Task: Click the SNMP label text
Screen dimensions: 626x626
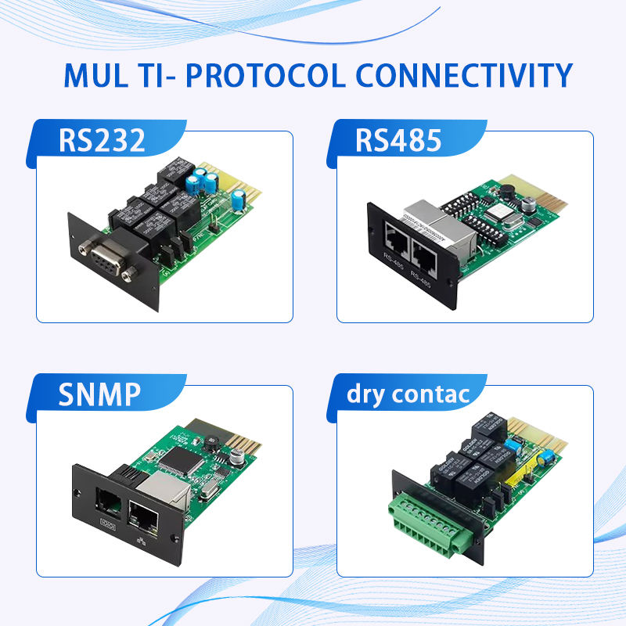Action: tap(99, 394)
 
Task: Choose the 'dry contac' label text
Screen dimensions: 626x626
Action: tap(408, 394)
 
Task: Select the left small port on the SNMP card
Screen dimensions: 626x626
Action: tap(106, 499)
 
